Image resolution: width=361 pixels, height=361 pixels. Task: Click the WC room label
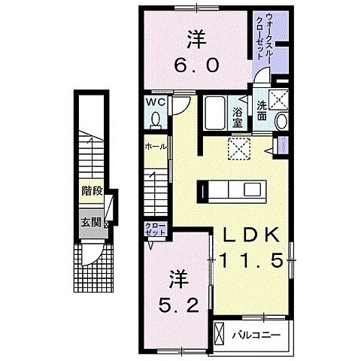(x=156, y=102)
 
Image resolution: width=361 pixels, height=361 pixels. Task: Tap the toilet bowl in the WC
(x=156, y=120)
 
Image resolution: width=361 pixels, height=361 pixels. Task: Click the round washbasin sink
(x=282, y=121)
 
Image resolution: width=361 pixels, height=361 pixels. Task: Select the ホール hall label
(x=156, y=147)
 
